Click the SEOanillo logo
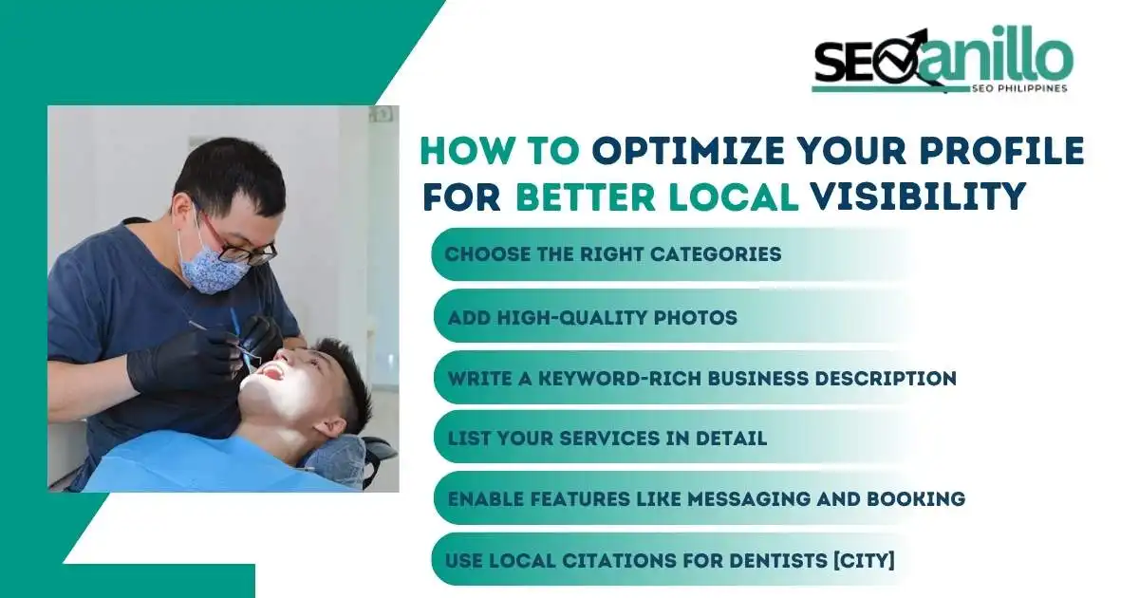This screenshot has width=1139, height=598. (942, 60)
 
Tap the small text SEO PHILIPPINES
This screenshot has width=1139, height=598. (1019, 88)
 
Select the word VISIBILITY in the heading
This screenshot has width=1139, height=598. (917, 196)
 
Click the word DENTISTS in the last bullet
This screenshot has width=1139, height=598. (772, 560)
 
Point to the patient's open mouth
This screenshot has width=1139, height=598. (270, 371)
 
